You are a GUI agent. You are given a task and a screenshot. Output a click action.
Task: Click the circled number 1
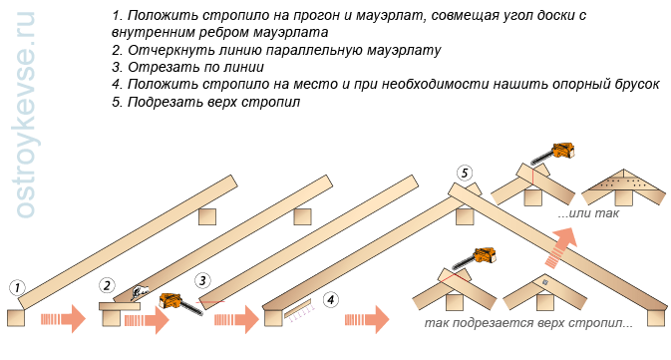(17, 287)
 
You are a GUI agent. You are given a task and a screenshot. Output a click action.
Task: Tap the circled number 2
(107, 285)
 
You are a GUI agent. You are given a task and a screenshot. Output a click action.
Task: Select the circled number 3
(202, 281)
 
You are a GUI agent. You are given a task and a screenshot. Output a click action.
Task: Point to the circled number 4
(331, 299)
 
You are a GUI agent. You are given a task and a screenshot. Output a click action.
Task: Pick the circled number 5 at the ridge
(465, 174)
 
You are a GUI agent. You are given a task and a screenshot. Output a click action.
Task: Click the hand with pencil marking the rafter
(141, 290)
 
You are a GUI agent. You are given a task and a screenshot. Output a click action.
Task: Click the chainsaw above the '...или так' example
(553, 154)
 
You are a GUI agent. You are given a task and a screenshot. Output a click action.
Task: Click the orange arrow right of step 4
(367, 319)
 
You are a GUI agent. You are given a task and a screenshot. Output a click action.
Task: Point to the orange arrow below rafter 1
(64, 319)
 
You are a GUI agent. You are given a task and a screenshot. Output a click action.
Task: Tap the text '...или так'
(589, 213)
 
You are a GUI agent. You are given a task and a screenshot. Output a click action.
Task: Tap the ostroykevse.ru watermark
(25, 115)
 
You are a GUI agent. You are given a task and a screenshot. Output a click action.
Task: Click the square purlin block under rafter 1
(207, 217)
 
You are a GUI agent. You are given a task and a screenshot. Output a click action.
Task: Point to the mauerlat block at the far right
(656, 318)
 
